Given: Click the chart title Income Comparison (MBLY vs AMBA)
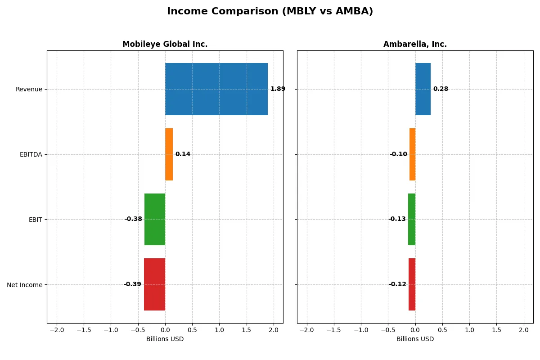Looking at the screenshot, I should [x=270, y=12].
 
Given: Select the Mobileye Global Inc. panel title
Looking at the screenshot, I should [x=165, y=45].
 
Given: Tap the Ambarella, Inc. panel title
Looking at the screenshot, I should [x=415, y=45].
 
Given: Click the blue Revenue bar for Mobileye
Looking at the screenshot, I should [x=216, y=89].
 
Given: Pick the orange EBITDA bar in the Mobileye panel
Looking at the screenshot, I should [x=169, y=154].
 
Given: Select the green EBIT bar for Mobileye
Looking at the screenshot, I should [x=155, y=219].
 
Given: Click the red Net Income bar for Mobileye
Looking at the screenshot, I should [x=154, y=284].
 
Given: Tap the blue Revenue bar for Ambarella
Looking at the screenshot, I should [x=423, y=89].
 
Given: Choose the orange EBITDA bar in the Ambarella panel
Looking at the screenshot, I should [x=412, y=154].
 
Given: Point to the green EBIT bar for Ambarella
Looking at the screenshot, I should [x=412, y=219].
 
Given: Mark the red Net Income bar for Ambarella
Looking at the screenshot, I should [x=412, y=284].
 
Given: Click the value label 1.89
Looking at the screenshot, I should [x=278, y=89].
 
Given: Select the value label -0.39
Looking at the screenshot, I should [x=132, y=284].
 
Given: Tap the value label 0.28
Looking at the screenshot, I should [x=441, y=89].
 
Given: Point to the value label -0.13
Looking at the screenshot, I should [x=397, y=219].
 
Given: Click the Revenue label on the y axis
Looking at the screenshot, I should [x=29, y=90].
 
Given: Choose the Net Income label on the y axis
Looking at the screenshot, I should [x=25, y=285].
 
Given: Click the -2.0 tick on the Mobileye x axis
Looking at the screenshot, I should [x=57, y=330].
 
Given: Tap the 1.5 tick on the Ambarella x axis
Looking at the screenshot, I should [x=496, y=330].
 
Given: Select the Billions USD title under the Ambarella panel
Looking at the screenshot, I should [x=415, y=339].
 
